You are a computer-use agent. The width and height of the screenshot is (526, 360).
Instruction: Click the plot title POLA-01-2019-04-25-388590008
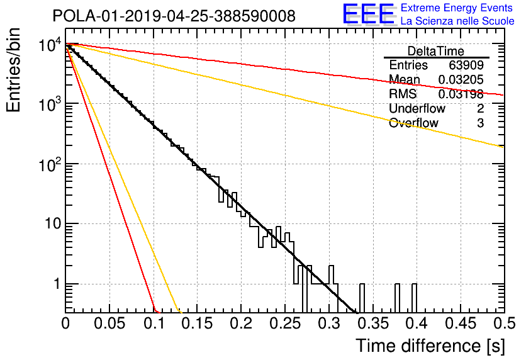[x=174, y=16]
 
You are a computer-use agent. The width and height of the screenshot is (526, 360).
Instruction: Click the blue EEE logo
[x=369, y=14]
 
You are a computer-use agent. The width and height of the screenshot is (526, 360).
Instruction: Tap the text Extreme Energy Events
[x=457, y=8]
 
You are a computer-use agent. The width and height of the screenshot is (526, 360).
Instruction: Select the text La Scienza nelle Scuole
[x=457, y=21]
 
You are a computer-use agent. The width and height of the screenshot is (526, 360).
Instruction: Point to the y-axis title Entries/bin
[x=13, y=70]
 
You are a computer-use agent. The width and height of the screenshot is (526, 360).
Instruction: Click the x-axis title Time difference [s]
[x=430, y=346]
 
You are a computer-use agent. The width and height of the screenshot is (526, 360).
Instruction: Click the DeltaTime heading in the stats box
[x=436, y=51]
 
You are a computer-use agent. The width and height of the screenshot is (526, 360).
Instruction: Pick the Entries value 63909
[x=466, y=65]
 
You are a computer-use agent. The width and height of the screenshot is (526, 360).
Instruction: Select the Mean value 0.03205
[x=461, y=79]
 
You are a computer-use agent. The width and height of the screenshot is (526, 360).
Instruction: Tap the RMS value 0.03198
[x=461, y=94]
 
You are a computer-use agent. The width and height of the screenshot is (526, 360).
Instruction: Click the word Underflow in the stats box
[x=417, y=108]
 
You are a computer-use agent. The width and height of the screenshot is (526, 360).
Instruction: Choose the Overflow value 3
[x=480, y=123]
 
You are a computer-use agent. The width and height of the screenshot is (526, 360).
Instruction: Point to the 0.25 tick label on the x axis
[x=285, y=323]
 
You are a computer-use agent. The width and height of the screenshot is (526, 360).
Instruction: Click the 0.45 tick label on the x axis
[x=461, y=323]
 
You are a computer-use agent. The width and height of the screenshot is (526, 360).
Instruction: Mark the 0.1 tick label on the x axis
[x=154, y=323]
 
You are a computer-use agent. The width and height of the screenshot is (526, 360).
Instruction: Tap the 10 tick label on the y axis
[x=53, y=223]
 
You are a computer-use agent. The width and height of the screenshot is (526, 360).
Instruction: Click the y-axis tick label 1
[x=57, y=284]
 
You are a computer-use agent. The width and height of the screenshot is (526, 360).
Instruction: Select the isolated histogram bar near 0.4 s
[x=414, y=298]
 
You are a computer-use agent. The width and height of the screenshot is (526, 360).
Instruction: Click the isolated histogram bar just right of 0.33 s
[x=362, y=298]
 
